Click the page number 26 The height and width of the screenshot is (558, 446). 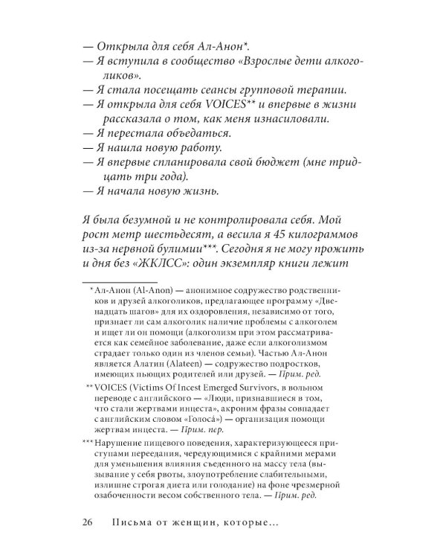point(90,521)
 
